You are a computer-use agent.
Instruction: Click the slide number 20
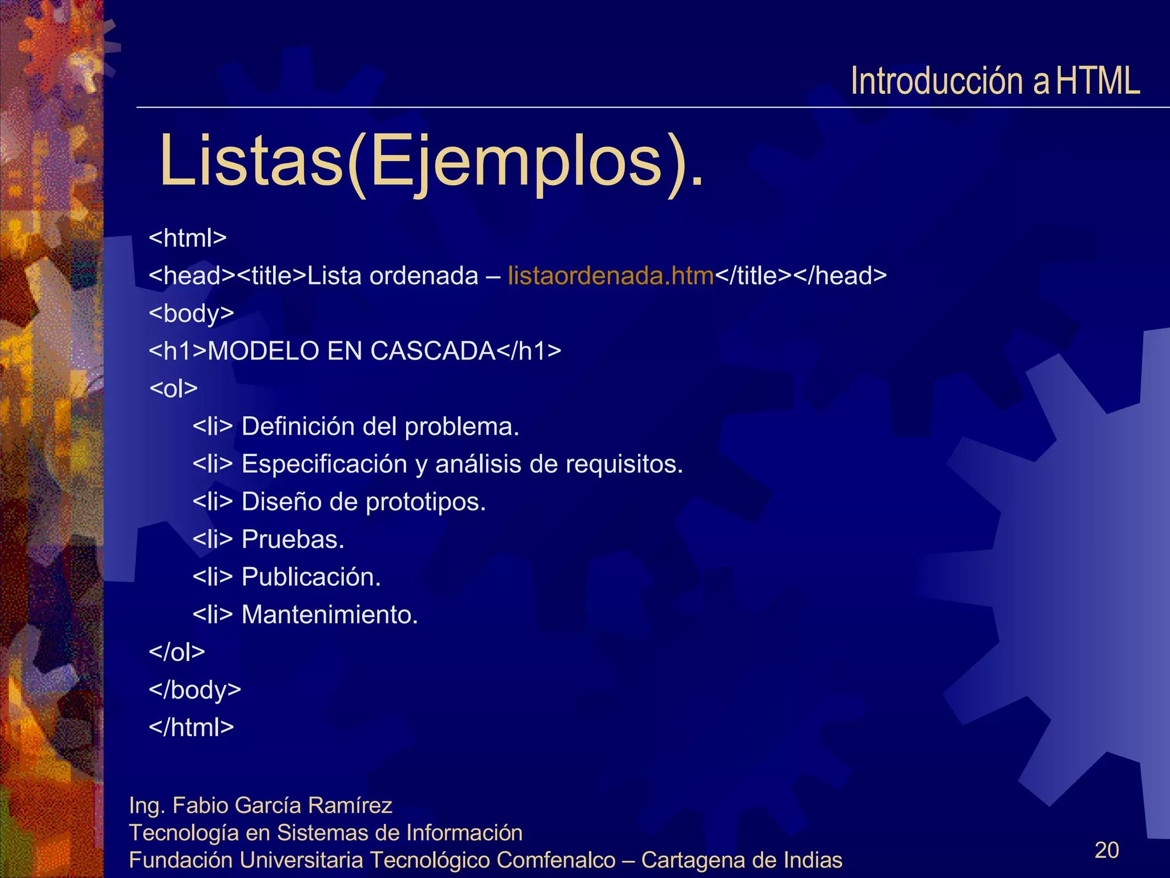pyautogui.click(x=1106, y=850)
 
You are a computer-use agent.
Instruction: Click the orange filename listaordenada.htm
pyautogui.click(x=611, y=276)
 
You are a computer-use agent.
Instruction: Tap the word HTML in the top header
pyautogui.click(x=1097, y=81)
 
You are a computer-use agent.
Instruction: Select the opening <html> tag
pyautogui.click(x=187, y=238)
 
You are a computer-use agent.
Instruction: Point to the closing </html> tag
pyautogui.click(x=191, y=727)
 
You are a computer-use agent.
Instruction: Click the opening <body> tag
pyautogui.click(x=191, y=313)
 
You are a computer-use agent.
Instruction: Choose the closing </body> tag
pyautogui.click(x=194, y=689)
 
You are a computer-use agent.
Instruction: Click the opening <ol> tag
pyautogui.click(x=173, y=389)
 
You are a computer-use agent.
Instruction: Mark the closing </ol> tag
pyautogui.click(x=177, y=652)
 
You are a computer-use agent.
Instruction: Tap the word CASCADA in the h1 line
pyautogui.click(x=432, y=351)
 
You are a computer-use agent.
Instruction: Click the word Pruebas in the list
pyautogui.click(x=292, y=540)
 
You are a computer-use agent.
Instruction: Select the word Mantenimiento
pyautogui.click(x=330, y=614)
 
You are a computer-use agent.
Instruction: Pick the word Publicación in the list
pyautogui.click(x=311, y=577)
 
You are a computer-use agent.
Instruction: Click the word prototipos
pyautogui.click(x=425, y=502)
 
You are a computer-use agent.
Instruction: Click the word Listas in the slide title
pyautogui.click(x=251, y=161)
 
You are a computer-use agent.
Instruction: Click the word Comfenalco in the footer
pyautogui.click(x=555, y=860)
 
